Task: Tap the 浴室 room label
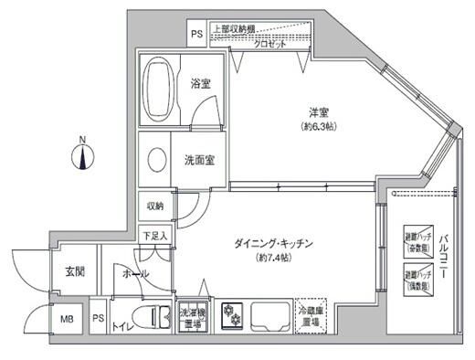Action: click(x=201, y=83)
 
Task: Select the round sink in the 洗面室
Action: click(x=156, y=159)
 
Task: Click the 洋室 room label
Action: click(x=317, y=113)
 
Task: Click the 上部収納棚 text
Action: click(x=235, y=28)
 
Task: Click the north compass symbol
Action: click(x=82, y=156)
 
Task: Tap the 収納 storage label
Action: click(x=154, y=206)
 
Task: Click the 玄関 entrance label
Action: click(x=75, y=271)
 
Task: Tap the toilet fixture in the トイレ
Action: click(x=153, y=319)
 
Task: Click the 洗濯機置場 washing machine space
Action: click(x=191, y=318)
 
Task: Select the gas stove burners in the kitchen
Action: click(x=228, y=318)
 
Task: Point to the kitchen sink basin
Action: click(x=267, y=317)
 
